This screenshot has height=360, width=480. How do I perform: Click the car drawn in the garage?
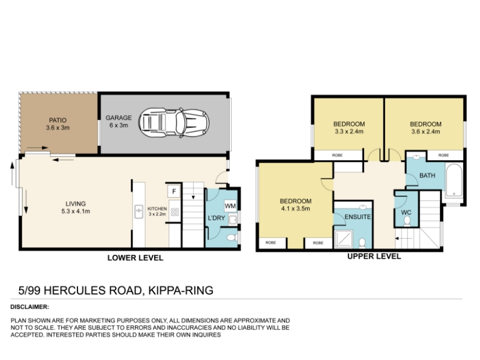coord(174,123)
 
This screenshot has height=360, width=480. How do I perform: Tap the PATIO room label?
coord(58,121)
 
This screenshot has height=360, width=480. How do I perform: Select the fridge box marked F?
coord(174,191)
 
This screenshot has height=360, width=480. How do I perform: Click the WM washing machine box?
coord(230,206)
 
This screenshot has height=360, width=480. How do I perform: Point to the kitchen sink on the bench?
coord(139,212)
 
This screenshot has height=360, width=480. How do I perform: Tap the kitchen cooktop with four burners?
coord(175,212)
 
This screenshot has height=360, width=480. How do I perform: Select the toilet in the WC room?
coord(407,221)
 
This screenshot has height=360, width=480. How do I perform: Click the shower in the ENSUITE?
coord(344,239)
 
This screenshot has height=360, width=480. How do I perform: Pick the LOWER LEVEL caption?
coord(136,258)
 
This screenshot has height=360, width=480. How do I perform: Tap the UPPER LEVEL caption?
coord(374,256)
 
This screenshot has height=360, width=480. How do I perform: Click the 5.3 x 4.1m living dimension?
coord(76,211)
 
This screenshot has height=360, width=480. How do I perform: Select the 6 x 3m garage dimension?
coord(119,125)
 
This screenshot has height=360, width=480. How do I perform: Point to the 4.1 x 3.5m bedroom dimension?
coord(295,209)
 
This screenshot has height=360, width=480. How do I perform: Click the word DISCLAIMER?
coord(29,307)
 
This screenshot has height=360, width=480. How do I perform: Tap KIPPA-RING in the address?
coord(181,290)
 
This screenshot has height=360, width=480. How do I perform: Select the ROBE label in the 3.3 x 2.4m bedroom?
coord(337,155)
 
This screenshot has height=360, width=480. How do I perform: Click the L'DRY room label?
coord(217,218)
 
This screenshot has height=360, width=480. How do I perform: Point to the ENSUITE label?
coord(358,217)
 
